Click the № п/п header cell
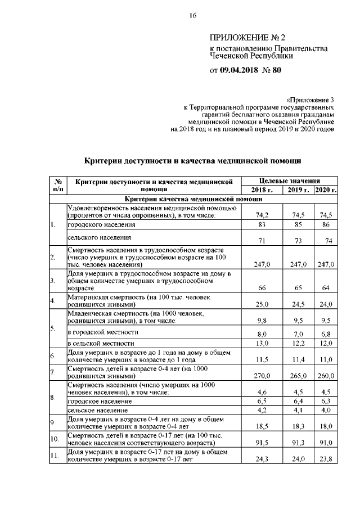click(57, 186)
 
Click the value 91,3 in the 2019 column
click(294, 443)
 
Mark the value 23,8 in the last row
click(326, 459)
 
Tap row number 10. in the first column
click(55, 438)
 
